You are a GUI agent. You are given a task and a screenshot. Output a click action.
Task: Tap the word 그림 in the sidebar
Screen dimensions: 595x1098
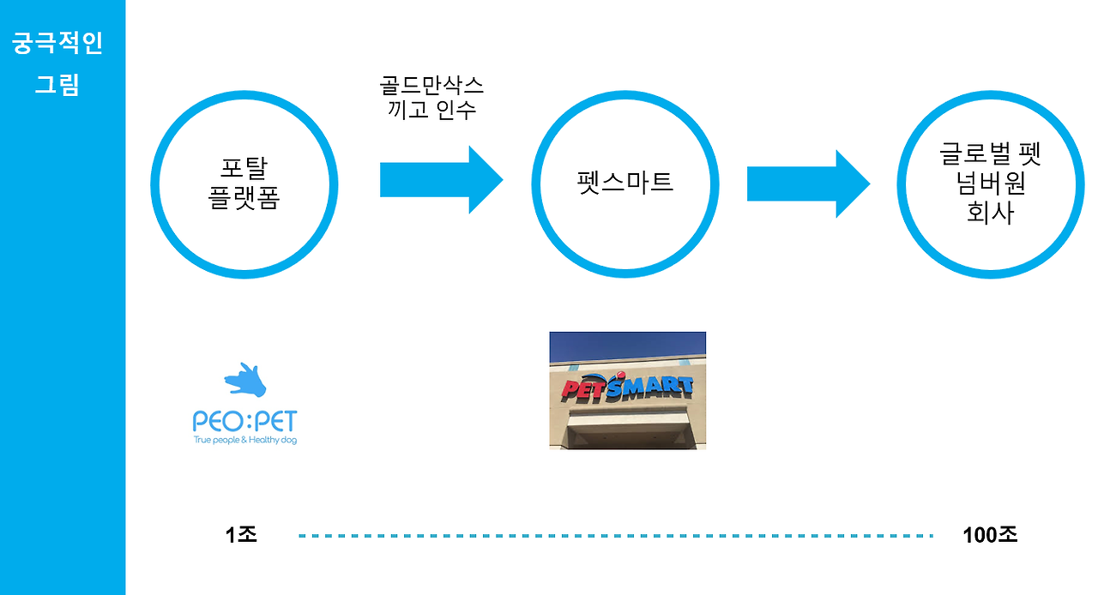click(57, 85)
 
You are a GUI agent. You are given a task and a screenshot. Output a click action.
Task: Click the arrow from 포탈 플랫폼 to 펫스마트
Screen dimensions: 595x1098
click(441, 180)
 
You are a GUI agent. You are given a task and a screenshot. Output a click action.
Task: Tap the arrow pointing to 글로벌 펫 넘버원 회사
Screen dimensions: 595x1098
click(808, 183)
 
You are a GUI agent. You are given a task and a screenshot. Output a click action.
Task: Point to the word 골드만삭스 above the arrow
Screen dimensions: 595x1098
click(431, 85)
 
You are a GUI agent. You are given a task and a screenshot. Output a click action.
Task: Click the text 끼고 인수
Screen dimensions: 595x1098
click(431, 111)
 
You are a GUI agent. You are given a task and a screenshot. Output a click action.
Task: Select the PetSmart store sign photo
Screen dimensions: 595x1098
click(627, 390)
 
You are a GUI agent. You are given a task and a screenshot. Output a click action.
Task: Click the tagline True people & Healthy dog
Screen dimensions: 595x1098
click(245, 441)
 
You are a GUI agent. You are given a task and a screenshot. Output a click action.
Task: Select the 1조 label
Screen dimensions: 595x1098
click(241, 535)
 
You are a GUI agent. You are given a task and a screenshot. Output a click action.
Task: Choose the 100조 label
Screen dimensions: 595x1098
click(990, 535)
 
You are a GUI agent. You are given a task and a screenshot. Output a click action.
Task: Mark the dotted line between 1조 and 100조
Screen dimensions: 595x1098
click(615, 536)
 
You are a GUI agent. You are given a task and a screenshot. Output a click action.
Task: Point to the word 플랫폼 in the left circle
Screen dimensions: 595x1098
click(244, 199)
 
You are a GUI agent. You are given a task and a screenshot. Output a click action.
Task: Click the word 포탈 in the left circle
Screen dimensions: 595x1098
click(244, 168)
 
